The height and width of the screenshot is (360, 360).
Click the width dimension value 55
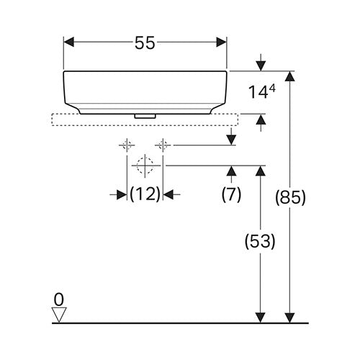click(145, 42)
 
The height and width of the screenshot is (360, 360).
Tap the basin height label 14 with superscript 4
click(261, 92)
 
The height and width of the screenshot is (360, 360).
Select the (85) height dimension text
click(290, 197)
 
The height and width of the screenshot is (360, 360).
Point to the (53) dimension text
click(260, 241)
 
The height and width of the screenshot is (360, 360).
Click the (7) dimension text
click(231, 194)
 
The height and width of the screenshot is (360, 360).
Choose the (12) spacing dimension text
click(145, 194)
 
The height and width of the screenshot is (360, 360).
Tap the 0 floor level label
click(59, 300)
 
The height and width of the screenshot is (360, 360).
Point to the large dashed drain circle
click(145, 166)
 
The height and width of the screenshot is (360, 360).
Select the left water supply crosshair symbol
click(127, 145)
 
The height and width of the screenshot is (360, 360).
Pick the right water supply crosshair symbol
click(163, 145)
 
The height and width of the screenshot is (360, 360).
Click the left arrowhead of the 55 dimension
click(68, 42)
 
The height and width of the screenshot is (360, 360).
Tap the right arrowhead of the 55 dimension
click(222, 42)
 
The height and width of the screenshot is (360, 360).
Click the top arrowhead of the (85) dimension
click(290, 76)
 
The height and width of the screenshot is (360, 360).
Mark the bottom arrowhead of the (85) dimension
click(290, 318)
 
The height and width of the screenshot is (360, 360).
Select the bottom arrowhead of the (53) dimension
click(261, 318)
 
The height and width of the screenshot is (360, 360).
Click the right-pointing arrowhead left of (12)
click(122, 194)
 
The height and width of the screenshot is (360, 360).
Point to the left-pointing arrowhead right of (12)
click(168, 194)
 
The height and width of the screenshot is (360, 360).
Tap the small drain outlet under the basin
click(145, 116)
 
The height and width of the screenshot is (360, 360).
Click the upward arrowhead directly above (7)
click(231, 171)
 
